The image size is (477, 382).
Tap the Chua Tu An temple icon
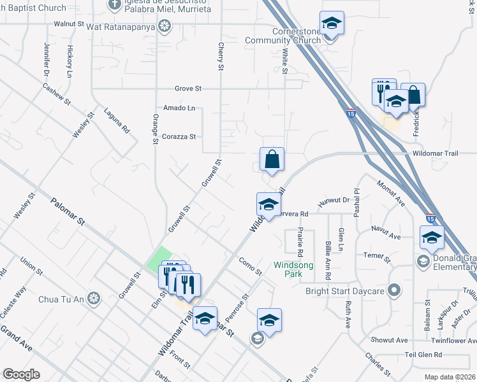(94, 298)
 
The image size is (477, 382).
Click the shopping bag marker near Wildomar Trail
(272, 160)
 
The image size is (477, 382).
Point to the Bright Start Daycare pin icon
(395, 290)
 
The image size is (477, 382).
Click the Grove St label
(188, 88)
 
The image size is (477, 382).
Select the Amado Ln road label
(179, 108)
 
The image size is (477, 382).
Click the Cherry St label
(221, 58)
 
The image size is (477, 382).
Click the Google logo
(21, 374)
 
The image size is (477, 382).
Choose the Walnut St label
(69, 24)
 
